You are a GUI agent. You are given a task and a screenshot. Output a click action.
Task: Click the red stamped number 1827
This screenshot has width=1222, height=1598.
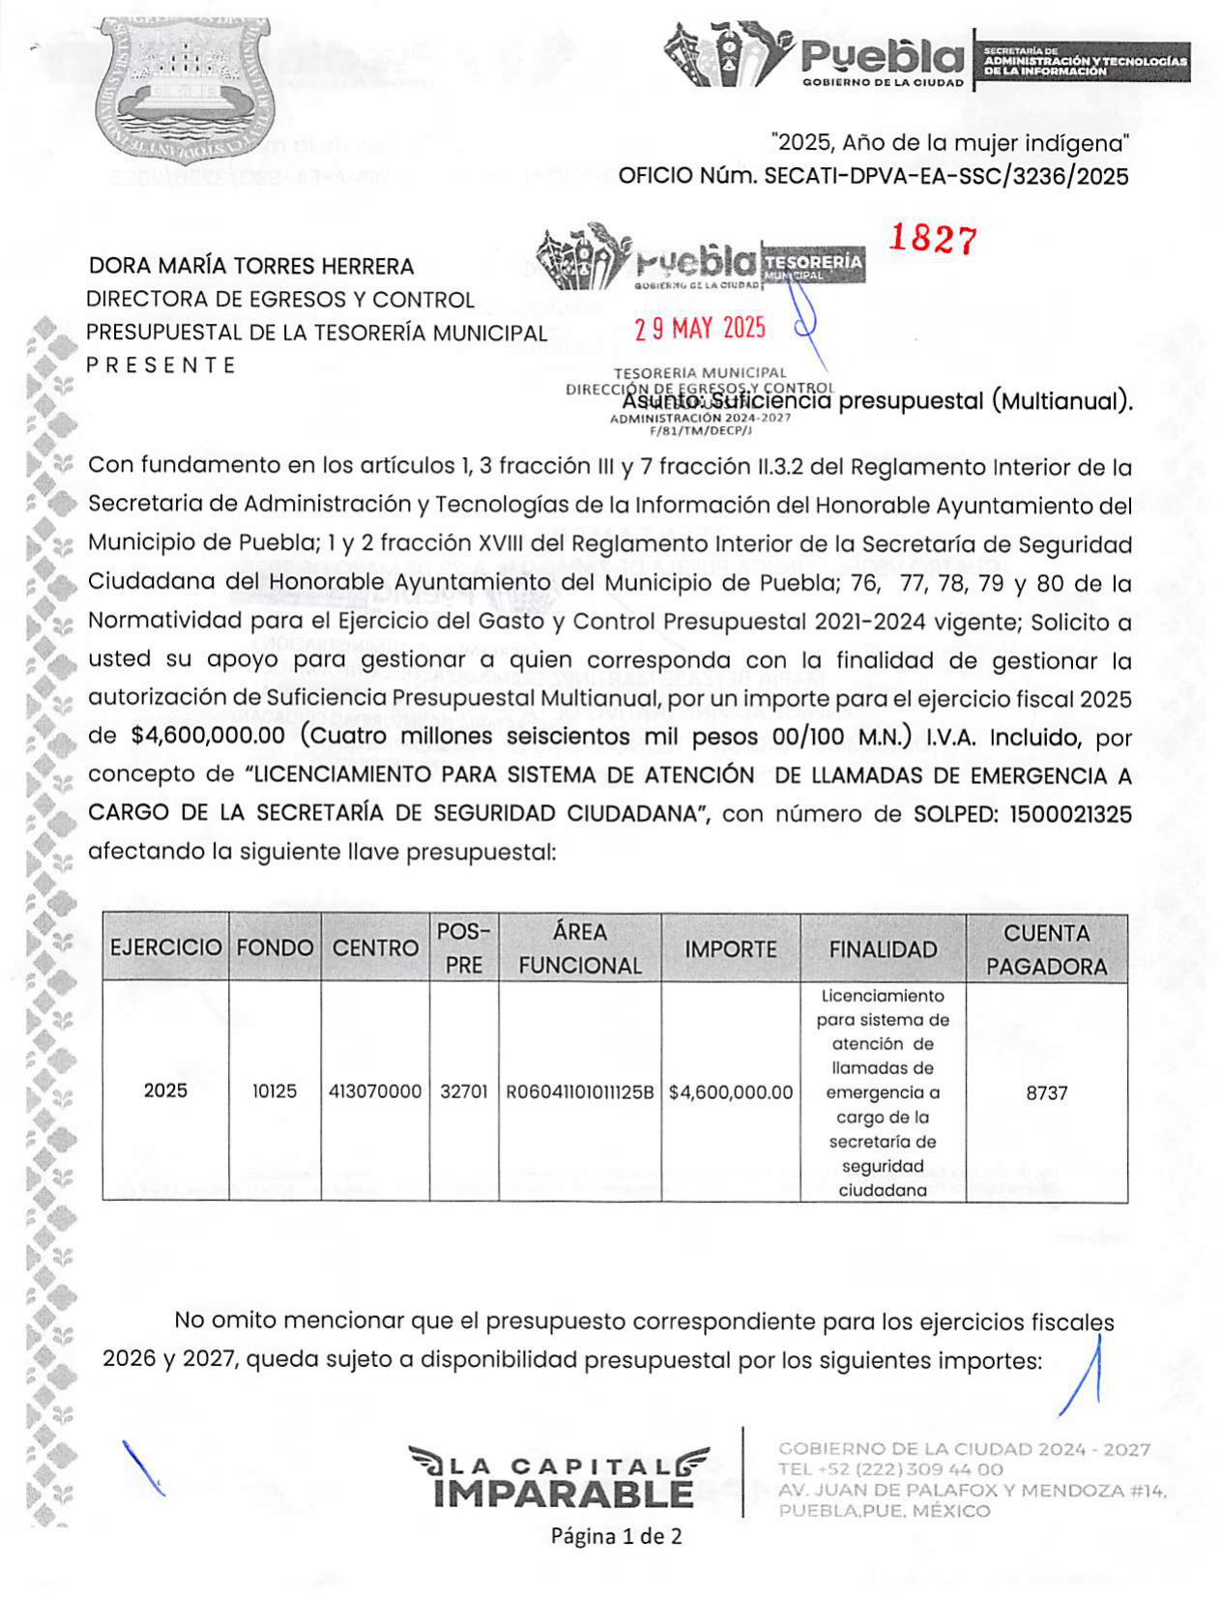coord(932,238)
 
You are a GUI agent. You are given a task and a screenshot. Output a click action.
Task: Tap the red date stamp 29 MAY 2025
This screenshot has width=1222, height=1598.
coord(699,329)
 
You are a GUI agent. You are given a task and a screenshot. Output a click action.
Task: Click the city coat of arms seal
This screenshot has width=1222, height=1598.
coord(185,87)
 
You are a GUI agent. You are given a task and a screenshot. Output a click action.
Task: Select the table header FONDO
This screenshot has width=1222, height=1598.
coord(275,947)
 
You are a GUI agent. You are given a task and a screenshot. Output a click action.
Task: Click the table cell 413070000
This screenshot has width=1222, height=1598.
coord(375,1091)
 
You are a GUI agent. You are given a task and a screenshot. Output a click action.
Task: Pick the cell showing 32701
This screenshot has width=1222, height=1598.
coord(464,1091)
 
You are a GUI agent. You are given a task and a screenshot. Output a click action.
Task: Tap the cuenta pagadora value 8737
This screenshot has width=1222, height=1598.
coord(1046,1092)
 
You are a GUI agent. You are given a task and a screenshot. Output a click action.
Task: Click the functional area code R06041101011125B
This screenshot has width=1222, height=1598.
coord(580,1092)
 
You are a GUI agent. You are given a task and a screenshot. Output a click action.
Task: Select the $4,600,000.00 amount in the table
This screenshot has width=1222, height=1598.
coord(731,1092)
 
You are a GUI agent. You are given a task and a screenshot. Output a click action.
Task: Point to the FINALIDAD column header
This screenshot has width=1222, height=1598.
coord(883,949)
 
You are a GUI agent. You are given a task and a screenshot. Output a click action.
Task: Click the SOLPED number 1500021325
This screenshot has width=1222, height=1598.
coord(1070,814)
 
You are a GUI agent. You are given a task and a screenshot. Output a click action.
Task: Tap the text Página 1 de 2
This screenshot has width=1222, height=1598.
coord(616,1535)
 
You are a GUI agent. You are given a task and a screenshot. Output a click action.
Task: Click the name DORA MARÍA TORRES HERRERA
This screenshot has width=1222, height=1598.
coord(251,266)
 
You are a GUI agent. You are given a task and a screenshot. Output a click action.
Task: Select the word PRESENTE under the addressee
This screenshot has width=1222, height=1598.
coord(160,364)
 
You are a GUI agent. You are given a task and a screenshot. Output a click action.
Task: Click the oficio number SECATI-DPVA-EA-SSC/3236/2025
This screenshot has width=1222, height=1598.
coord(946,176)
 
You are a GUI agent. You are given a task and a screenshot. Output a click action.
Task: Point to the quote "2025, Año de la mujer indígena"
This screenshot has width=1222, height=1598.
coord(950,143)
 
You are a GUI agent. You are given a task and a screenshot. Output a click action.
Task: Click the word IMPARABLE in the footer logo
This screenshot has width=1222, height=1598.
coord(564,1495)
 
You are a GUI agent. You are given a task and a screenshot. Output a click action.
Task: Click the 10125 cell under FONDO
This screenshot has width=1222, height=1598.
coord(275,1091)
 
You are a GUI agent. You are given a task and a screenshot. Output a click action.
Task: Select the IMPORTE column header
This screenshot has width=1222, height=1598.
coord(731,949)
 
